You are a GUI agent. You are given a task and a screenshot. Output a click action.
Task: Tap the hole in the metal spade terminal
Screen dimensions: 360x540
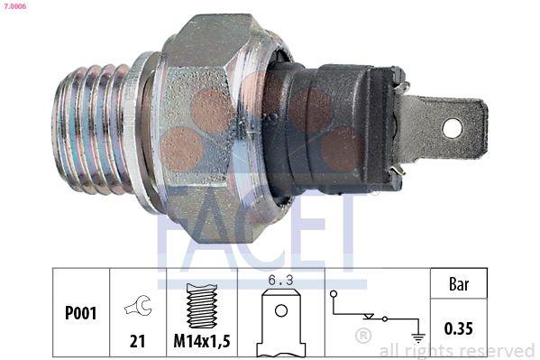pos(452,128)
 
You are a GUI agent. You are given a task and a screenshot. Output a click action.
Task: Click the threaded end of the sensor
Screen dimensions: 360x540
pos(90,128)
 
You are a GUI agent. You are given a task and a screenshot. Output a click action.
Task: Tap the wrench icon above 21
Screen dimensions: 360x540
pos(138,307)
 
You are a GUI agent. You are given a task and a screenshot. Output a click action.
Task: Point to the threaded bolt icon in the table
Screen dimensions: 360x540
pos(203,304)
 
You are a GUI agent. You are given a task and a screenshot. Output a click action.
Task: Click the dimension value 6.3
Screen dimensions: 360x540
pos(281,282)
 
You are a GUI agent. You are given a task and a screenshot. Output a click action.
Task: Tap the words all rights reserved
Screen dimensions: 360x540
pos(457,350)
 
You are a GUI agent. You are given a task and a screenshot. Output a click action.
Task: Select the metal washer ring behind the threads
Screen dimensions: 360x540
pos(140,126)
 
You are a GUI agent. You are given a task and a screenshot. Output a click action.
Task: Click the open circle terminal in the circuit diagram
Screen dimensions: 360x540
pos(334,294)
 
